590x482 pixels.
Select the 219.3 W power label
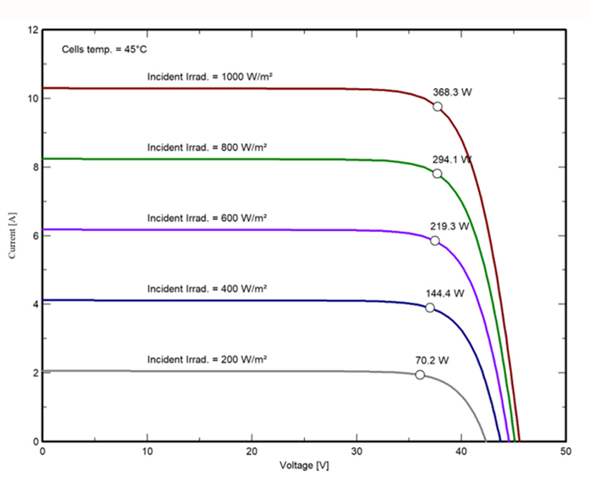click(449, 226)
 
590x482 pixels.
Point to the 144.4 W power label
click(444, 293)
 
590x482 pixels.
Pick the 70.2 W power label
click(431, 360)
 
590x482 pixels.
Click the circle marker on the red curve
click(438, 106)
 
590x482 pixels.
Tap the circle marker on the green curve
click(437, 174)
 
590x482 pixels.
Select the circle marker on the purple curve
click(435, 241)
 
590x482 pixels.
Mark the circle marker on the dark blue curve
click(430, 307)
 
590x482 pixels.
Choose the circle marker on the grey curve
click(420, 374)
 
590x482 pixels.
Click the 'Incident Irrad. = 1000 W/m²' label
click(209, 76)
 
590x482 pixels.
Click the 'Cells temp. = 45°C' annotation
click(105, 49)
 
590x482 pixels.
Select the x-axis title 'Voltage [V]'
click(302, 465)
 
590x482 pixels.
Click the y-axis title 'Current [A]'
click(13, 235)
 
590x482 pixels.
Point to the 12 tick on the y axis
click(33, 30)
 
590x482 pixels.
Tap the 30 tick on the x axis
click(356, 451)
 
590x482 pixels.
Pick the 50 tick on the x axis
click(565, 451)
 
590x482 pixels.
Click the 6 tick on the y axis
click(35, 235)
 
